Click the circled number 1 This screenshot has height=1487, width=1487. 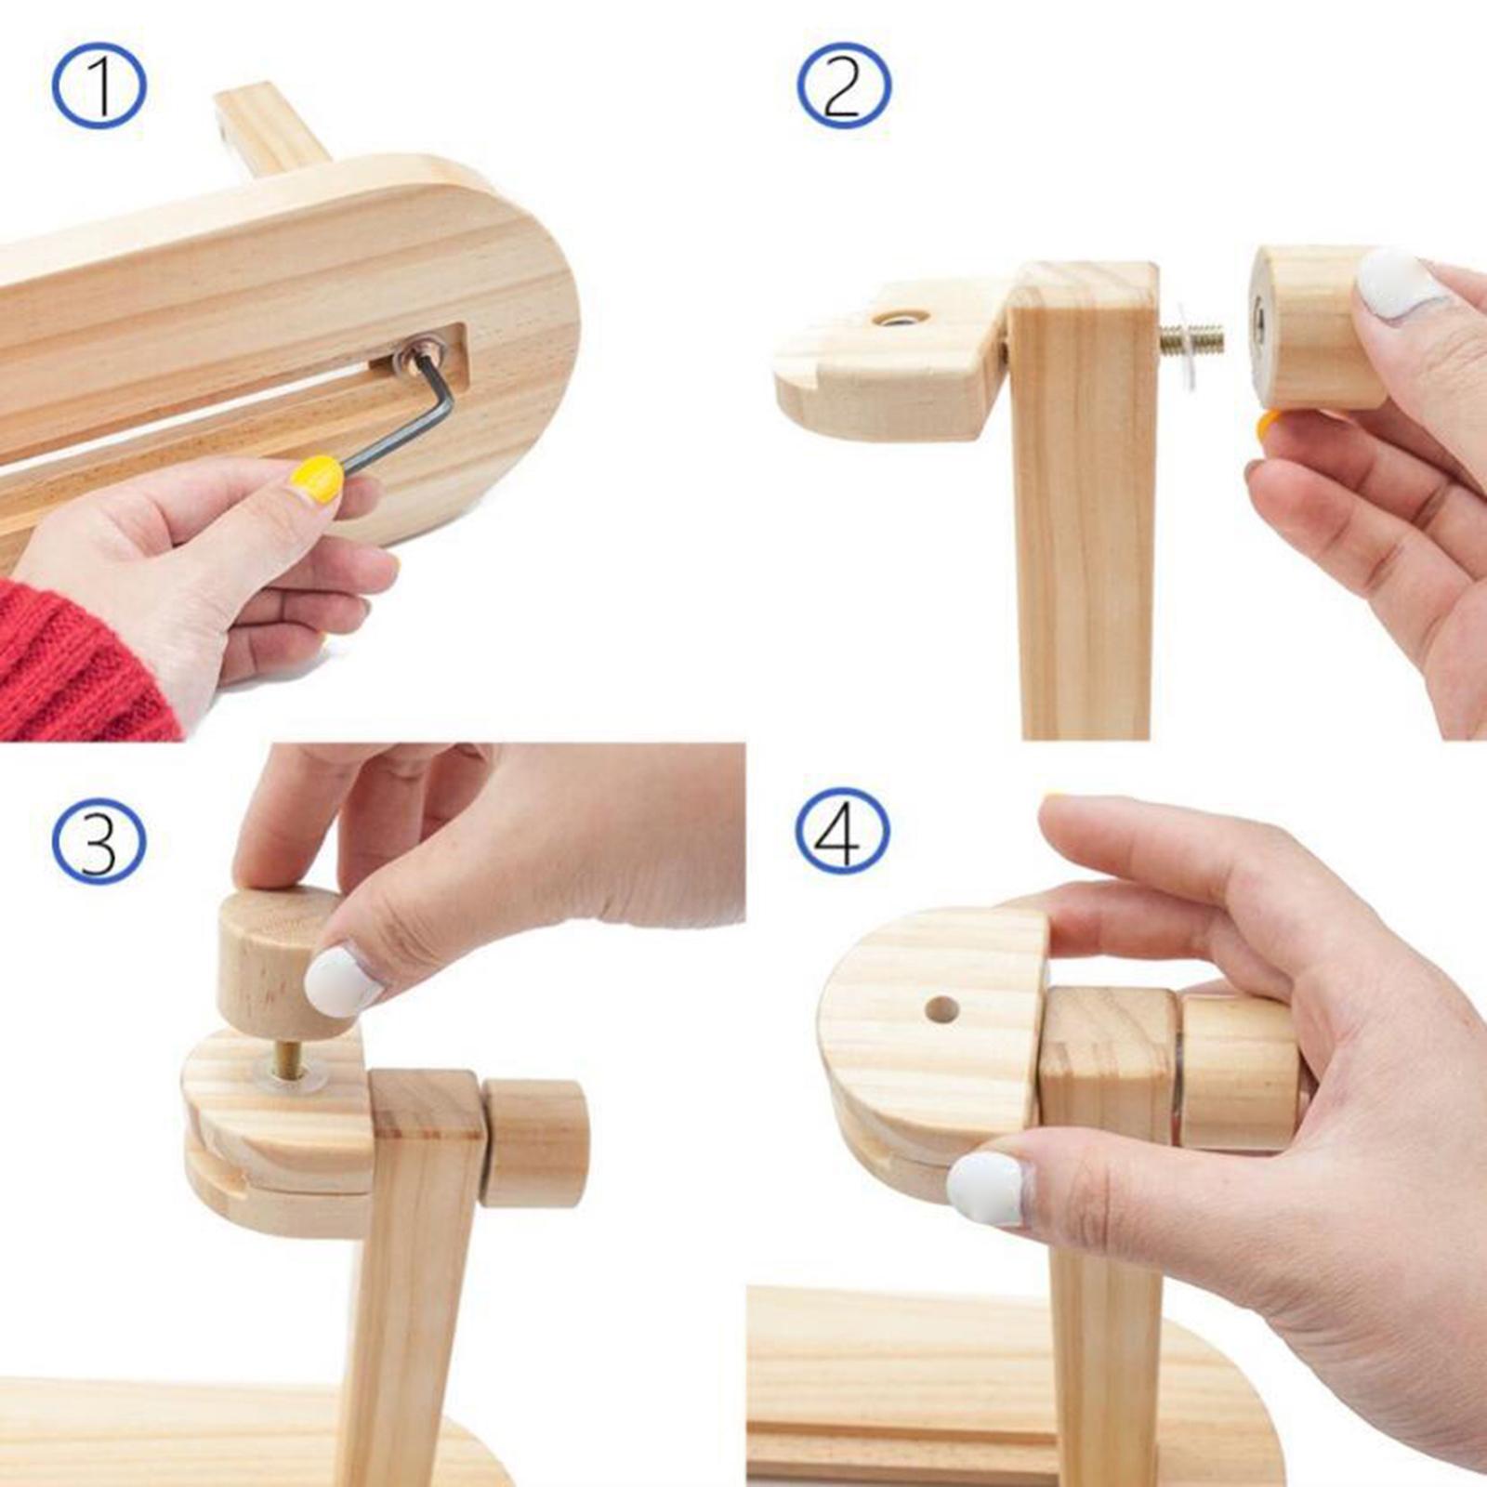[x=99, y=86]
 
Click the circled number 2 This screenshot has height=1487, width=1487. [x=844, y=86]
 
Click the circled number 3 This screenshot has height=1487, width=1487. [x=99, y=841]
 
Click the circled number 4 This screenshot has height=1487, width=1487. [x=842, y=830]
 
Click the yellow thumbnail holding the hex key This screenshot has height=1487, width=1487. [x=317, y=480]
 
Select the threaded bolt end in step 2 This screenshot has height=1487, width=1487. [x=1193, y=340]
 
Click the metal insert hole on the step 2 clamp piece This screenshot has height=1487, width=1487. [x=899, y=320]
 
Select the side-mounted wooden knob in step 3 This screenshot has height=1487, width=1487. [x=533, y=1142]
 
